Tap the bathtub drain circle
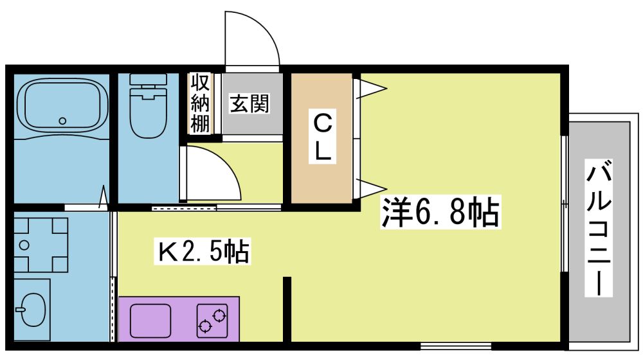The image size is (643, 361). pyautogui.click(x=62, y=121)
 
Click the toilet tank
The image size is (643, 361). pyautogui.click(x=148, y=81)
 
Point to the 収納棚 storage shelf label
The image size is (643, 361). pyautogui.click(x=200, y=103)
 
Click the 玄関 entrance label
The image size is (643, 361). pyautogui.click(x=249, y=103)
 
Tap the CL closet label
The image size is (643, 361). pyautogui.click(x=322, y=136)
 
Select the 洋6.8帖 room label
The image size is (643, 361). pyautogui.click(x=441, y=212)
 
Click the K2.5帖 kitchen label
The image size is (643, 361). pyautogui.click(x=203, y=252)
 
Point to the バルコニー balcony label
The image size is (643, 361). pyautogui.click(x=599, y=228)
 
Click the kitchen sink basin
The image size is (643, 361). pyautogui.click(x=150, y=321)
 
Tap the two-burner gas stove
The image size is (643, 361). pyautogui.click(x=212, y=321)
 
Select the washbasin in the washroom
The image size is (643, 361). pyautogui.click(x=33, y=310)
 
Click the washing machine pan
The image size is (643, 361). pyautogui.click(x=41, y=245)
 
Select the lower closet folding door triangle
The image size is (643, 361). pyautogui.click(x=371, y=188)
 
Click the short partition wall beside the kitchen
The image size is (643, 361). pyautogui.click(x=287, y=310)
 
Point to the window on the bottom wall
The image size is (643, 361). pyautogui.click(x=456, y=346)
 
